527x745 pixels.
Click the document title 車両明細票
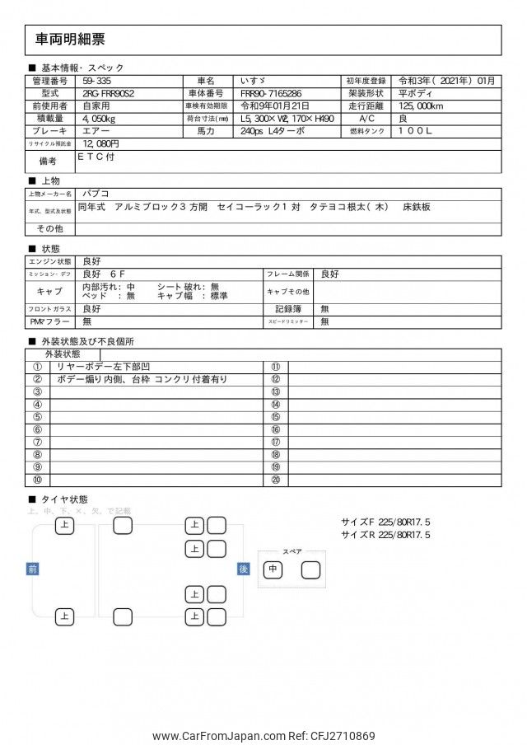pyautogui.click(x=71, y=40)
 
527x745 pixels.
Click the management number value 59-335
pyautogui.click(x=98, y=81)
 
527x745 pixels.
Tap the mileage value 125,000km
pyautogui.click(x=421, y=106)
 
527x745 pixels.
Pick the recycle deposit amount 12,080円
pyautogui.click(x=101, y=143)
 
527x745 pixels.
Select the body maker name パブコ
pyautogui.click(x=95, y=194)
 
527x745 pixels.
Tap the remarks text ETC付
pyautogui.click(x=97, y=155)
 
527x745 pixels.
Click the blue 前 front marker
pyautogui.click(x=32, y=569)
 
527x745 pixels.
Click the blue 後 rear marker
pyautogui.click(x=243, y=569)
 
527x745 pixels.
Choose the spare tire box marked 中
pyautogui.click(x=273, y=569)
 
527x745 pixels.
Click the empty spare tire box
pyautogui.click(x=311, y=569)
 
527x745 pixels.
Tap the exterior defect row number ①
pyautogui.click(x=38, y=367)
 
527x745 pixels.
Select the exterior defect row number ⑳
pyautogui.click(x=275, y=480)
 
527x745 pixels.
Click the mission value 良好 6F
pyautogui.click(x=103, y=274)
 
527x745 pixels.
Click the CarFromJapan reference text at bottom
pyautogui.click(x=263, y=736)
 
